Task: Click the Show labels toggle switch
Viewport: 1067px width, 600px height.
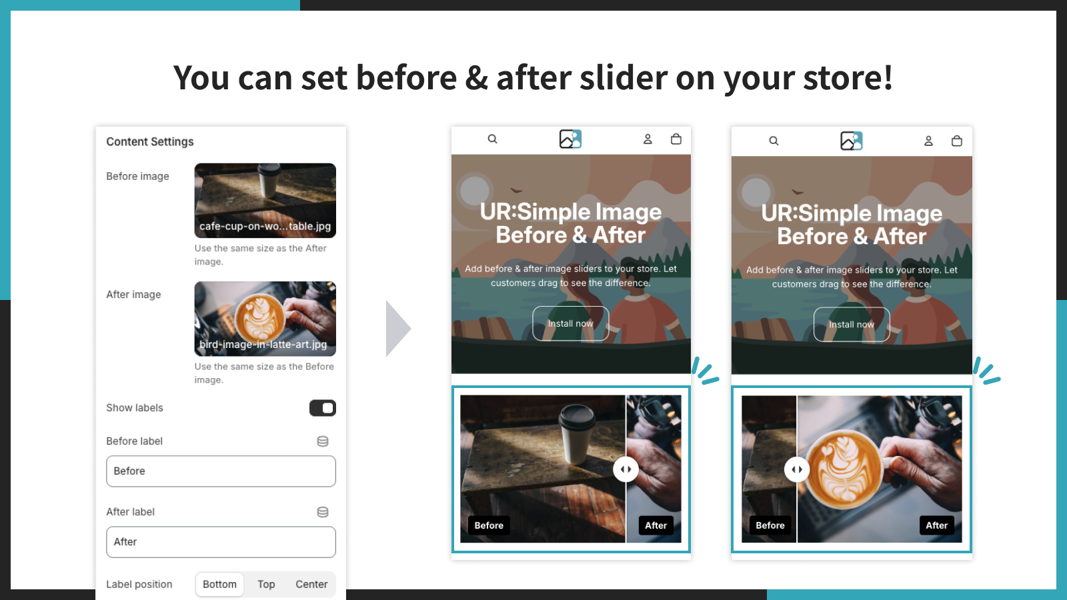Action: click(322, 408)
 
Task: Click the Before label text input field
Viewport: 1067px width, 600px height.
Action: click(221, 471)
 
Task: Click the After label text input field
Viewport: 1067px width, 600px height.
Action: click(221, 542)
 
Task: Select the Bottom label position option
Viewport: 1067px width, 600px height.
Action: click(219, 585)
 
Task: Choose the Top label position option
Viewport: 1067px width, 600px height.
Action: click(266, 585)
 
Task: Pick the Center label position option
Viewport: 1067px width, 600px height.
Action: click(311, 585)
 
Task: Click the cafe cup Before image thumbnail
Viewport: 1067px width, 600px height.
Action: click(265, 200)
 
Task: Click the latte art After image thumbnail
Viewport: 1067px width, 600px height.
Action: click(265, 319)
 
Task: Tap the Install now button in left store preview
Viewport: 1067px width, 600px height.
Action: click(570, 323)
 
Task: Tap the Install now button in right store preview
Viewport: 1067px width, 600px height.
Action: click(852, 325)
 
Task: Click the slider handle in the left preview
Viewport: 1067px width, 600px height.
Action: click(626, 469)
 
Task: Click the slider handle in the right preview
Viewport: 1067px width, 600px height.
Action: click(797, 469)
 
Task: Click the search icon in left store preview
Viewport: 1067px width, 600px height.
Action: click(492, 139)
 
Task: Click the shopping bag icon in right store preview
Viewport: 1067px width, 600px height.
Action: click(957, 141)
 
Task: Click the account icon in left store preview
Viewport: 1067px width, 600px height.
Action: click(648, 139)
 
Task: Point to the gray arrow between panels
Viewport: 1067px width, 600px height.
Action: click(397, 329)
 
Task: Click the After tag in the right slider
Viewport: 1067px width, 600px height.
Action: click(936, 525)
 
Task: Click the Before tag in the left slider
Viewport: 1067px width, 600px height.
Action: click(489, 525)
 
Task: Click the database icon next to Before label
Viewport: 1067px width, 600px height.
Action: click(323, 441)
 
